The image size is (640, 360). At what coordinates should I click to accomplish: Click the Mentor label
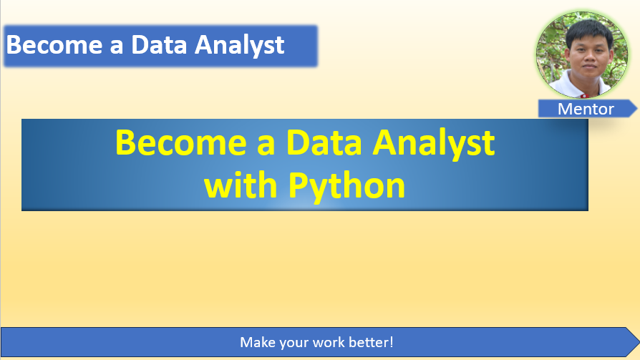586,109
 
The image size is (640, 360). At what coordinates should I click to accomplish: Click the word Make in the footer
256,342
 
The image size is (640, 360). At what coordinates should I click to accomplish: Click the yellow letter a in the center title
263,143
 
